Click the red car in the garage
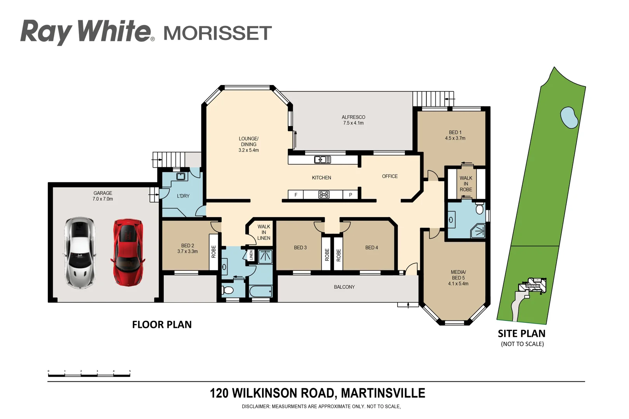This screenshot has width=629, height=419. tap(128, 253)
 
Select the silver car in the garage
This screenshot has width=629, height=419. tap(80, 253)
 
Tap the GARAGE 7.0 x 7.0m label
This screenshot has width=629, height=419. tap(103, 196)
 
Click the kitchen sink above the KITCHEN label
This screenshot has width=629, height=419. tap(322, 159)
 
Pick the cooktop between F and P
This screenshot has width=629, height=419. tap(324, 195)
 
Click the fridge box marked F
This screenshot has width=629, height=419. tap(296, 195)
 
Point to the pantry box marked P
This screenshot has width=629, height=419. tap(350, 195)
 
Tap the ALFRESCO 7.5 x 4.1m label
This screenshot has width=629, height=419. tap(353, 120)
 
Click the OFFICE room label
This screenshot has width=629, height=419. tap(389, 176)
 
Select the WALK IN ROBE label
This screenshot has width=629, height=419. tap(466, 184)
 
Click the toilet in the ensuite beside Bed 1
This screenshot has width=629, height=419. tap(480, 209)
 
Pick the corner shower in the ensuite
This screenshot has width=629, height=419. tap(478, 231)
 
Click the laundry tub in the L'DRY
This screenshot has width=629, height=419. tap(180, 177)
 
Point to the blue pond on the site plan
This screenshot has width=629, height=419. tap(569, 117)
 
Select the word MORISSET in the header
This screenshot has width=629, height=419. tap(217, 33)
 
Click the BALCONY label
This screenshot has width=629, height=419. tap(344, 287)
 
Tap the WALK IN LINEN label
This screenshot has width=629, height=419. tap(264, 232)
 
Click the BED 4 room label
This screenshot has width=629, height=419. tap(371, 248)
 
